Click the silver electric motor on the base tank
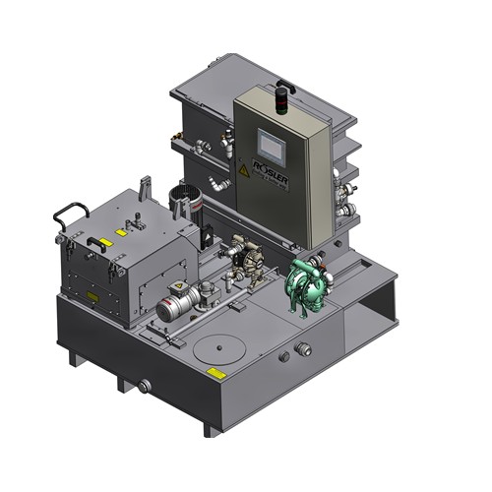point(177,306)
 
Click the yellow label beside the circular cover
point(215,372)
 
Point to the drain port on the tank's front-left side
point(145,387)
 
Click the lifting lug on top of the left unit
point(146,186)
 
